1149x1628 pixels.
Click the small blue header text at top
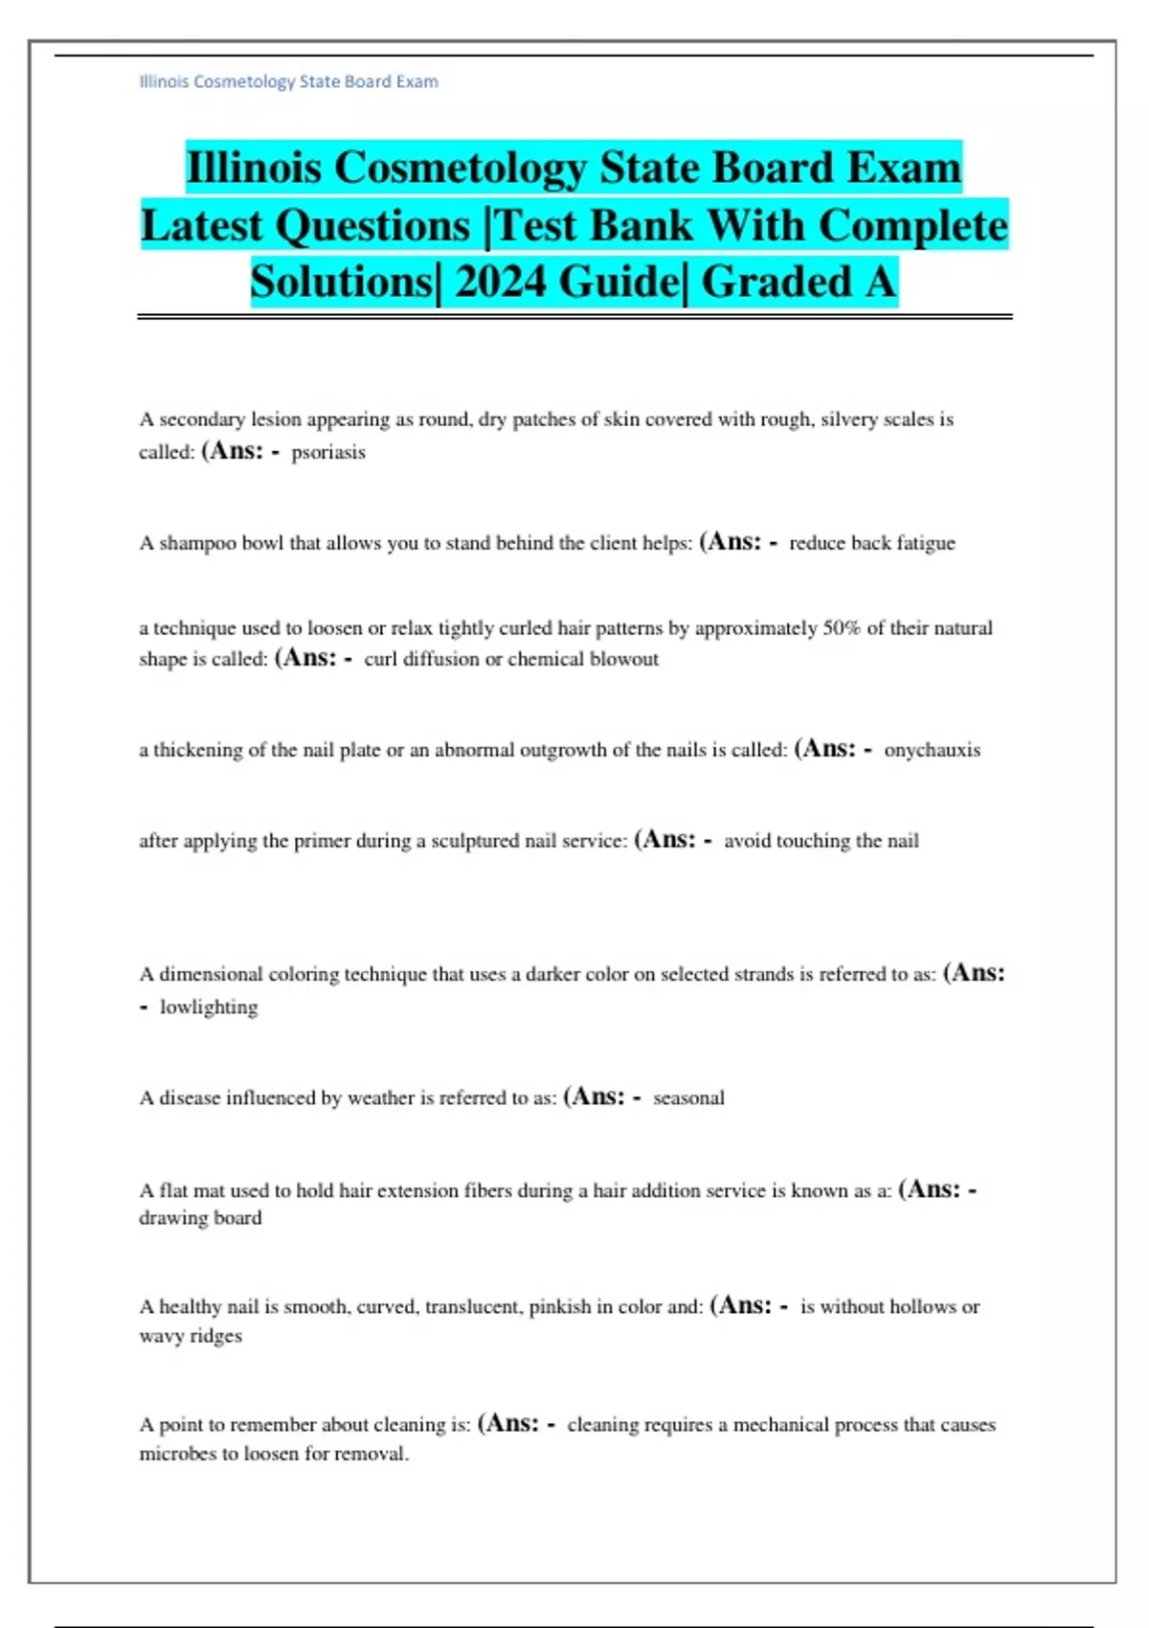[x=288, y=81]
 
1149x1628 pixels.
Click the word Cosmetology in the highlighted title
[x=460, y=168]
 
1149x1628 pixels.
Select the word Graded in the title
[x=776, y=282]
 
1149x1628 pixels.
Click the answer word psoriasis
[x=328, y=452]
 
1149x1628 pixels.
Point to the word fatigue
[x=926, y=543]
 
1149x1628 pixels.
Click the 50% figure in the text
[x=842, y=628]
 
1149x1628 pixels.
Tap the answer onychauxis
[x=932, y=750]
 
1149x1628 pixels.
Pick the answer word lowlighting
[x=209, y=1007]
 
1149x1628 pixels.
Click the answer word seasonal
[x=688, y=1098]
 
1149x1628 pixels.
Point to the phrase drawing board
[x=200, y=1218]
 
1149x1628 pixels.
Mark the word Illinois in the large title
[x=254, y=168]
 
